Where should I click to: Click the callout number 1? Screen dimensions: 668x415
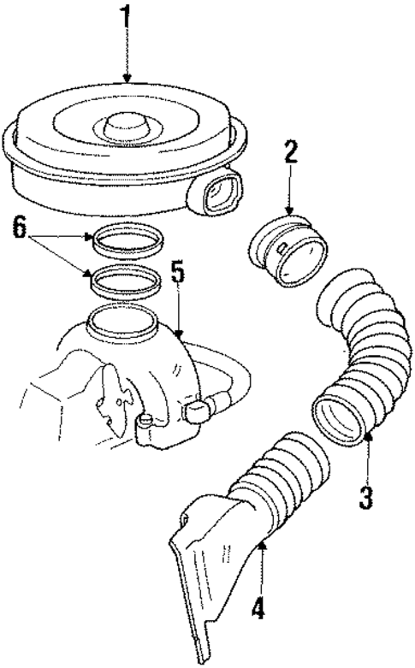(x=127, y=19)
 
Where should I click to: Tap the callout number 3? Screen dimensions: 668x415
(x=366, y=495)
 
